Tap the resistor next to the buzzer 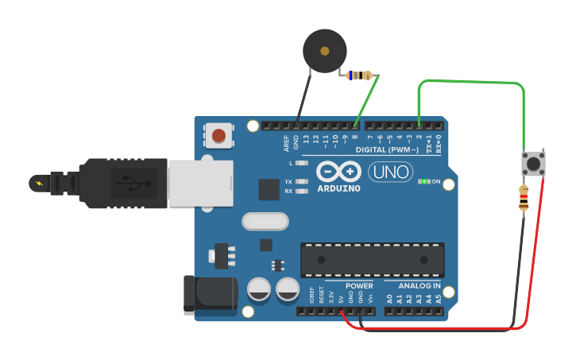360,76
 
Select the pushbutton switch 532,163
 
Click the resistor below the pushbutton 523,198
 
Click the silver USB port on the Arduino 201,183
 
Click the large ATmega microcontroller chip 372,260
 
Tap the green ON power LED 423,181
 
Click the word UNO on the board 389,172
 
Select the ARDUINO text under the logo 338,189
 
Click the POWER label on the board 359,285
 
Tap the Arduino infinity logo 338,172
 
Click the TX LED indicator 301,181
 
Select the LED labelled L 301,163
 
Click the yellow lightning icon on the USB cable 37,184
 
